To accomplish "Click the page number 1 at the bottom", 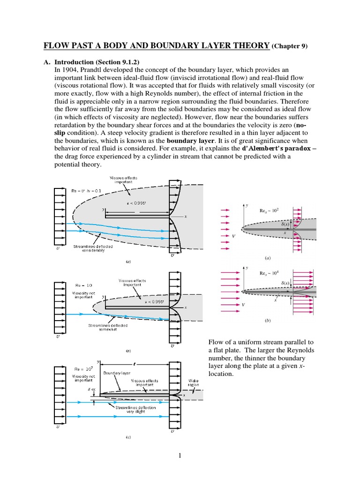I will (180, 454).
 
